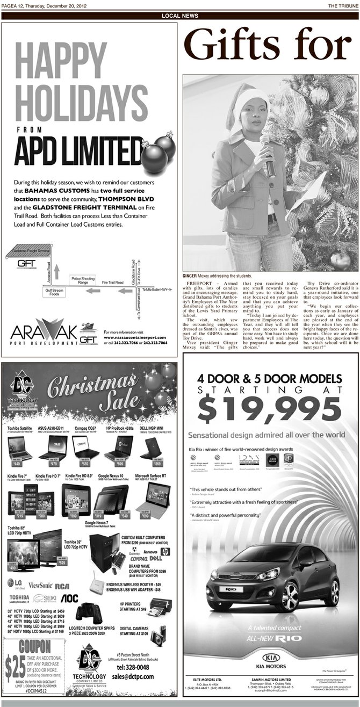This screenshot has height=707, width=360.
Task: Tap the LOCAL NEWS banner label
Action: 179,16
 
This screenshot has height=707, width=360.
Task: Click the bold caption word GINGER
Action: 190,276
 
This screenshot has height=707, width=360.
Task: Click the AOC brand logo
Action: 69,598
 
